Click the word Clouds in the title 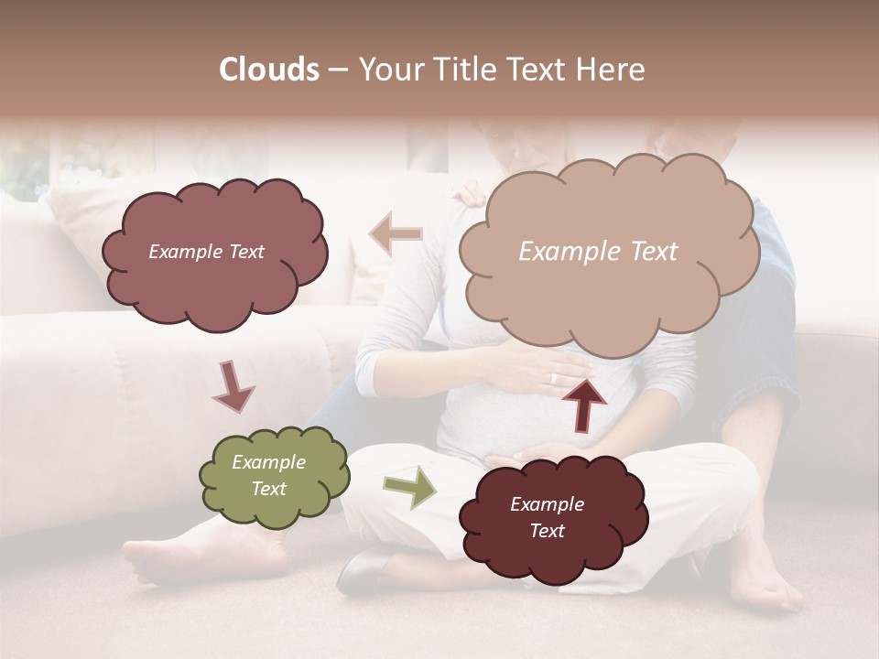point(269,70)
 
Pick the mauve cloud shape point(215,252)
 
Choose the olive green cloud point(274,476)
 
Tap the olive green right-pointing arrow point(409,487)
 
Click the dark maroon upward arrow point(584,404)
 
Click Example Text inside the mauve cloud point(206,252)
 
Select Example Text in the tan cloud point(598,252)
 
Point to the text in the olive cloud point(269,476)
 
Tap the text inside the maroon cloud point(547,517)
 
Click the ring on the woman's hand point(552,378)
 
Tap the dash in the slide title point(338,70)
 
